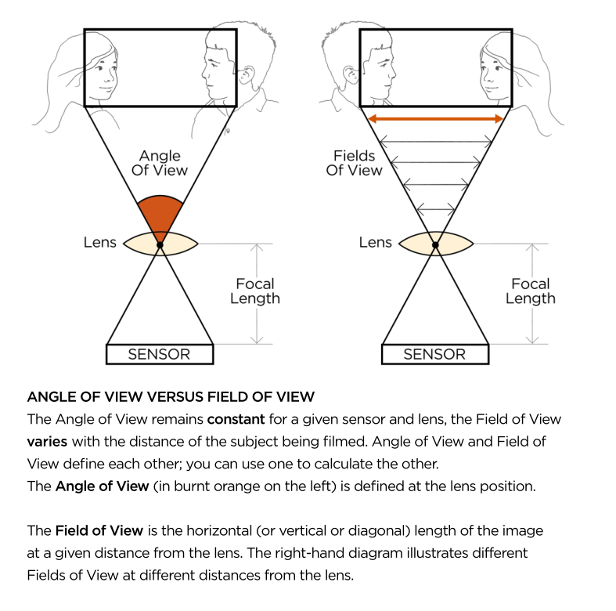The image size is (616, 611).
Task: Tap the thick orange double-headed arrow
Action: (x=435, y=118)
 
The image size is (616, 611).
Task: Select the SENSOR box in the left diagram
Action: (x=160, y=354)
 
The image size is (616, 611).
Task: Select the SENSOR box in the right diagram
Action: (x=434, y=354)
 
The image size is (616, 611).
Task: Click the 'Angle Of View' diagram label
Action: (x=160, y=163)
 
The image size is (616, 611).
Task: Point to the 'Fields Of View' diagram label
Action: (x=354, y=163)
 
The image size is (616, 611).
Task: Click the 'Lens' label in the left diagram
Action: (x=99, y=242)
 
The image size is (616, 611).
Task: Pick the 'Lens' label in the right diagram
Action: (x=375, y=242)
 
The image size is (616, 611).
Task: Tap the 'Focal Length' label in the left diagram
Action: (x=254, y=291)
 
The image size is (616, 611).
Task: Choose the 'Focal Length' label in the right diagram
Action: (x=530, y=291)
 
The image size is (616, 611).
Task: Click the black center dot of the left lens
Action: (x=160, y=245)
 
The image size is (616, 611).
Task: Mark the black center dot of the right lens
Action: (x=435, y=245)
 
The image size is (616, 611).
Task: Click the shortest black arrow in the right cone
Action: (x=435, y=209)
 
